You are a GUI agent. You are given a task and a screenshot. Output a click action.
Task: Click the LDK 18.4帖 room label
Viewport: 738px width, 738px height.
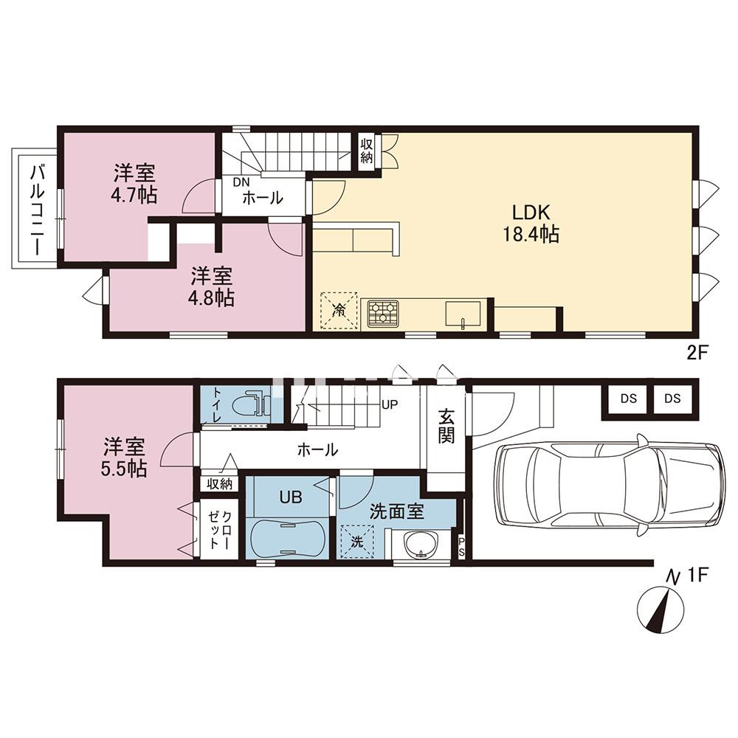531,224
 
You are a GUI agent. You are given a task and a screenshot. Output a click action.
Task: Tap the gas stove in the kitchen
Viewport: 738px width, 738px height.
382,313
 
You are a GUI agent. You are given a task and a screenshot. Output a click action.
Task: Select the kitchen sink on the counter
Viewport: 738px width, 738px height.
463,314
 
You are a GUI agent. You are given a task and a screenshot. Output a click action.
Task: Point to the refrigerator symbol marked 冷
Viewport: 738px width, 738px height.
339,310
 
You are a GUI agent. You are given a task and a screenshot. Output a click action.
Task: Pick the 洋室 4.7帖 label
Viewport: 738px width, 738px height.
134,184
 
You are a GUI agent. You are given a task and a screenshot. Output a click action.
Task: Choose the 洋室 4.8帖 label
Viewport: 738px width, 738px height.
213,287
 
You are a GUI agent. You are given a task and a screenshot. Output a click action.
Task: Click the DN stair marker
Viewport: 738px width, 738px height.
242,182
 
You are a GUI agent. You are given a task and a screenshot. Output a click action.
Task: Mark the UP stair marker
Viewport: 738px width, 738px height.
390,404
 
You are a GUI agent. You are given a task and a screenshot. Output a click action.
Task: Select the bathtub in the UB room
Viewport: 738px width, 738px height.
286,539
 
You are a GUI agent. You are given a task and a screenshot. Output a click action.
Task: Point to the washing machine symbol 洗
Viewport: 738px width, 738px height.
358,542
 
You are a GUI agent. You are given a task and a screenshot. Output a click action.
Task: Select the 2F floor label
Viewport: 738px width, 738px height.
697,353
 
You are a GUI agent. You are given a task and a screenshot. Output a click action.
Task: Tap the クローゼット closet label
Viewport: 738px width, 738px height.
219,529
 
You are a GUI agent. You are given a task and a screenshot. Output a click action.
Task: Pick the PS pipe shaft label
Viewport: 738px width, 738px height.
461,548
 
